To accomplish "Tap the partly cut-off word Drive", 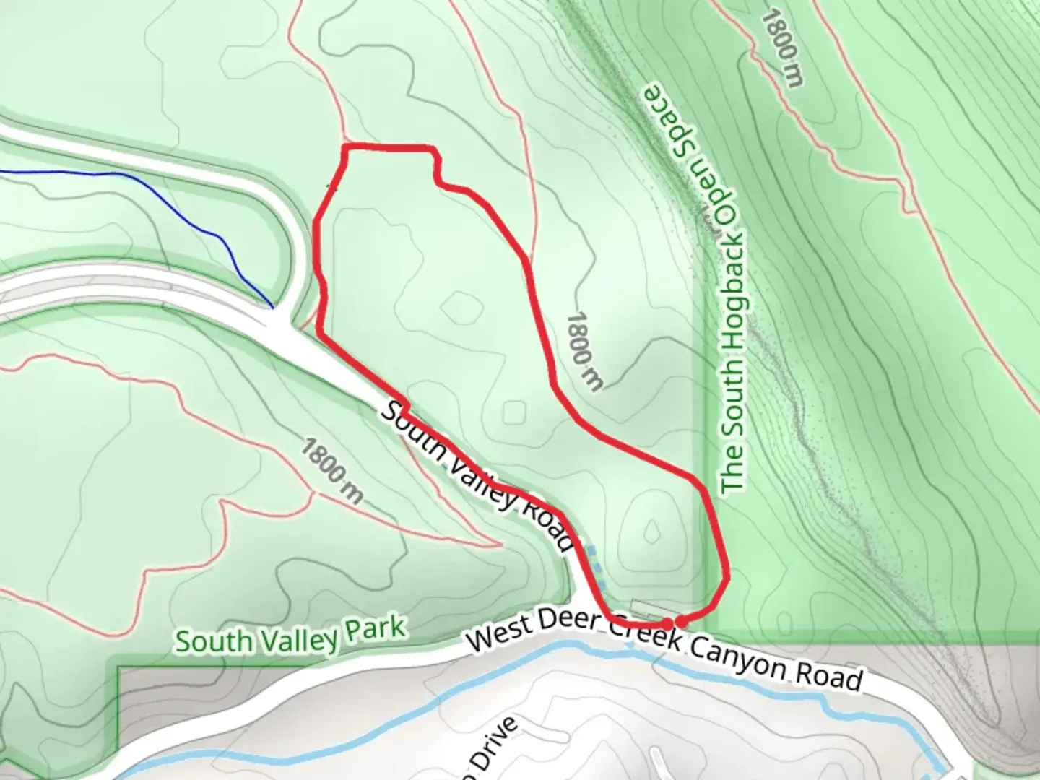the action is pyautogui.click(x=491, y=751).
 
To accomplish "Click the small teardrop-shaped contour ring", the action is pyautogui.click(x=653, y=531).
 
